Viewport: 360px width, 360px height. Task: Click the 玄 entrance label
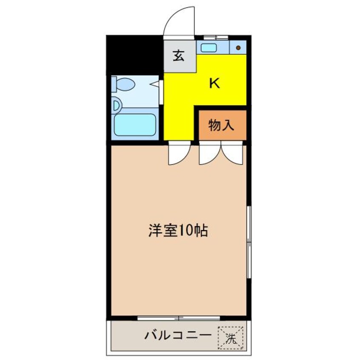coord(179,56)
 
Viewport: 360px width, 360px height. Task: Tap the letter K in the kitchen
coord(214,83)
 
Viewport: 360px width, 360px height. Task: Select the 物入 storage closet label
coord(221,126)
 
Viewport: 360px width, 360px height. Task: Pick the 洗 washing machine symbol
coord(231,338)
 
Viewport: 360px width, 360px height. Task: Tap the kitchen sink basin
coord(209,48)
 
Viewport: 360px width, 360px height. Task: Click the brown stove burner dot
coord(238,48)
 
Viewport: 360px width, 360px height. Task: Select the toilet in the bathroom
coord(123,84)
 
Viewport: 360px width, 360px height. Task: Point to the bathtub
coord(135,125)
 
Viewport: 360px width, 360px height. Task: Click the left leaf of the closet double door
coord(210,153)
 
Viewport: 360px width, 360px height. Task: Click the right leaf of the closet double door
coord(232,153)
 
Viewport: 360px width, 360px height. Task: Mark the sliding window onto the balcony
coord(179,318)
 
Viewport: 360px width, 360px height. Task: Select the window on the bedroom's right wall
coord(249,242)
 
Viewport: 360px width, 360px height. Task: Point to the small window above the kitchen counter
coord(216,37)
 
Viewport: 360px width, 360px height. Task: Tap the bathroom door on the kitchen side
coord(161,92)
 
